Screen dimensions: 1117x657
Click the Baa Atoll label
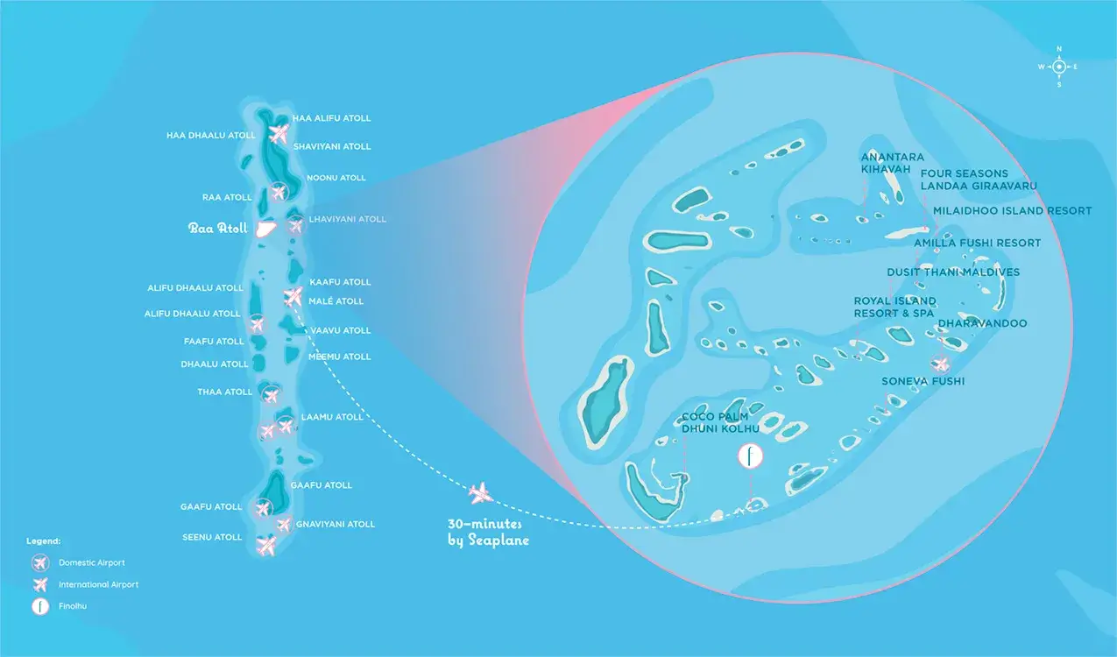(217, 229)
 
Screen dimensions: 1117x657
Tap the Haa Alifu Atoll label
(332, 118)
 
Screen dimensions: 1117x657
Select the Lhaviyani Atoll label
(348, 219)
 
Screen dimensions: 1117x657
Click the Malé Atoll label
(336, 301)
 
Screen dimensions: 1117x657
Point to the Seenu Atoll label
(212, 537)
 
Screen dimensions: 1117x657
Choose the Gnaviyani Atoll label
(335, 524)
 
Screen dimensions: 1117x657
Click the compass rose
(1058, 67)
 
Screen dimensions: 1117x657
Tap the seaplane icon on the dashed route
(481, 493)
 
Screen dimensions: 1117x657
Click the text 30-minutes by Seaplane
(488, 532)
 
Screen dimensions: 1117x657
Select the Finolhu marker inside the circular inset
(751, 456)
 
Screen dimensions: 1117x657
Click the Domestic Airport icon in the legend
(40, 562)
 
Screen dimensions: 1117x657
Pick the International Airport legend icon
(40, 584)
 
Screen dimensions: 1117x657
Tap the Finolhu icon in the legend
(40, 606)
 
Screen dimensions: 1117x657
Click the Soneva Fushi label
(923, 381)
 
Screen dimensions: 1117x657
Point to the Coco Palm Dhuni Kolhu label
(720, 423)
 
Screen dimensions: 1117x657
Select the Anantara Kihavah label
(893, 163)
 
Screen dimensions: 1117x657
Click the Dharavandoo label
(982, 323)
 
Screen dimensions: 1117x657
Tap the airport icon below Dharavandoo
(941, 364)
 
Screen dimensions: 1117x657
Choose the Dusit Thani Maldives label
(953, 272)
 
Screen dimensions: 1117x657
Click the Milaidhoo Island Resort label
(1012, 211)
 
